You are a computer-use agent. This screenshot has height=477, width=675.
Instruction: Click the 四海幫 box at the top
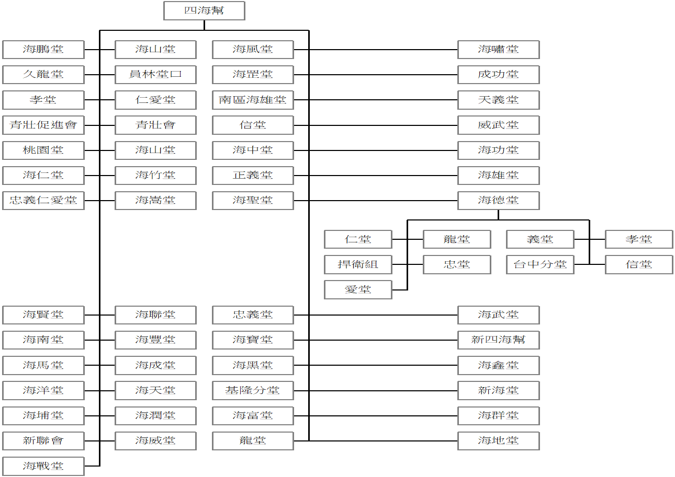coord(204,11)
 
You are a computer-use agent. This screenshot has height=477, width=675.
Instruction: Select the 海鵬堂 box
coord(43,50)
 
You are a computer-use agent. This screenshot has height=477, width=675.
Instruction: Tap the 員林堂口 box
coord(155,75)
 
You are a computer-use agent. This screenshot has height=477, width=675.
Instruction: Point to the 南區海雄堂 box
coord(253,100)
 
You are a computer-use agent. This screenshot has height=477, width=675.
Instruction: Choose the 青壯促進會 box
coord(43,125)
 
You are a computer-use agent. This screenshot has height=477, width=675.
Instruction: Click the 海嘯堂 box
coord(499,50)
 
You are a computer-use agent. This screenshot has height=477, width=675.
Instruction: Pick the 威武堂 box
coord(499,125)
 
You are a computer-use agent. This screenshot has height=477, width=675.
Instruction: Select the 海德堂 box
coord(499,201)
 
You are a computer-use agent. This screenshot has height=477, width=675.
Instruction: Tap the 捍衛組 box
coord(358,264)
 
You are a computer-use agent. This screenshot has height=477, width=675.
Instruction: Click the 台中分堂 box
coord(541,264)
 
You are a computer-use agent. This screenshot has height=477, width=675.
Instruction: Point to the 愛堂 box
coord(358,290)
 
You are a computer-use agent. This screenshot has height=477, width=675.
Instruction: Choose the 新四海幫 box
coord(499,340)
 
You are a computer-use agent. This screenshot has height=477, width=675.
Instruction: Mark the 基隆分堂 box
coord(253,391)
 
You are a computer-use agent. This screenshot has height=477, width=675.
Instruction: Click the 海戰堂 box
coord(43,466)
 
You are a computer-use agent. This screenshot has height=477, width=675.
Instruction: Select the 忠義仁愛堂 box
coord(43,201)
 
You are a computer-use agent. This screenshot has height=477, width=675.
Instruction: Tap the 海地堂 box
coord(499,441)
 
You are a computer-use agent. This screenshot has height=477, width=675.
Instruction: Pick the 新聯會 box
coord(43,441)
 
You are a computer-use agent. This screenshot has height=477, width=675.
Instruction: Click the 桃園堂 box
coord(43,150)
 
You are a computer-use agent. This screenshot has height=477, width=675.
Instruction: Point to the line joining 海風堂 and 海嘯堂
coord(376,50)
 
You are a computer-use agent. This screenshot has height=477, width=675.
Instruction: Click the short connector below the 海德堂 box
coord(499,215)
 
